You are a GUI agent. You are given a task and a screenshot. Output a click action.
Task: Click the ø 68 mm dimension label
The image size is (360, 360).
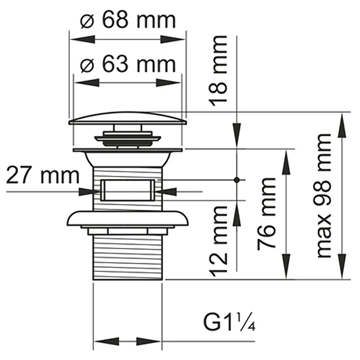coord(128,20)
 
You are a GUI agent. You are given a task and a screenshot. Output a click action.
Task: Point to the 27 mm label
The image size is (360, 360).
coord(43,175)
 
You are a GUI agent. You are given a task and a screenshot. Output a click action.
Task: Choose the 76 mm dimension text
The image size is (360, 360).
coord(266,213)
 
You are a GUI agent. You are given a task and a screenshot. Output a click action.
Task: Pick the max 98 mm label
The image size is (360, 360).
coord(324,195)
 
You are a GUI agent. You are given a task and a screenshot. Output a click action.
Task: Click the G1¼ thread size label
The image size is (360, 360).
coord(229,321)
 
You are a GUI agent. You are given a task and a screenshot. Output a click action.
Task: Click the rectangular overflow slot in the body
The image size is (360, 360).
coord(128,190)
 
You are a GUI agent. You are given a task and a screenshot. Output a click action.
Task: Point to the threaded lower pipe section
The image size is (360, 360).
coord(128,258)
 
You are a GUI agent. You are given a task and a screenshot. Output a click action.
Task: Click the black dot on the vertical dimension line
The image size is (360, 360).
coord(237,180)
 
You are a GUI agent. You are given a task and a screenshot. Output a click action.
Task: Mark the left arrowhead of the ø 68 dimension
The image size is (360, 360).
coord(82,39)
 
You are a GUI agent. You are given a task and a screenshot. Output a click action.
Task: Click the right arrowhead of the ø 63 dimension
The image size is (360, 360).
coord(168,83)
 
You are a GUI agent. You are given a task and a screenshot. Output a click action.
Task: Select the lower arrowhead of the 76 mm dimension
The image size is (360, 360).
coord(286,266)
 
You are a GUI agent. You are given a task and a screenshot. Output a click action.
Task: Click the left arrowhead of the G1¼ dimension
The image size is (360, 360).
coord(107,342)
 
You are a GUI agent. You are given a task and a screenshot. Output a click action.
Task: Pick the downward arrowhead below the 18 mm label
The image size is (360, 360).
coord(237,135)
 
